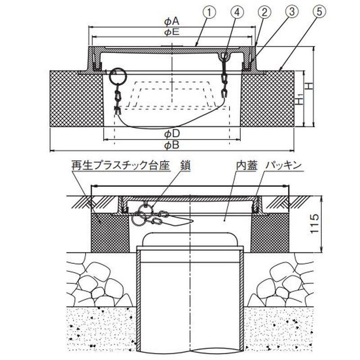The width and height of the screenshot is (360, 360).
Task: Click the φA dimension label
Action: pyautogui.click(x=172, y=21)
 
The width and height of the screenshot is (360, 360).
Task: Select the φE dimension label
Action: pyautogui.click(x=172, y=32)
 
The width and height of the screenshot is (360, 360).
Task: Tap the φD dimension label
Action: pyautogui.click(x=172, y=134)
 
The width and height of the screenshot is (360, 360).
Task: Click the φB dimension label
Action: pyautogui.click(x=172, y=145)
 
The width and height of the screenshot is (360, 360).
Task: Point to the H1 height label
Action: pyautogui.click(x=300, y=100)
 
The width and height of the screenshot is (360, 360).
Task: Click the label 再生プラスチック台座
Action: pyautogui.click(x=120, y=166)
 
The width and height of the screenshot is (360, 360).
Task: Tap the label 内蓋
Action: pyautogui.click(x=246, y=166)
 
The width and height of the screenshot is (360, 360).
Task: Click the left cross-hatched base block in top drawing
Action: pyautogui.click(x=76, y=99)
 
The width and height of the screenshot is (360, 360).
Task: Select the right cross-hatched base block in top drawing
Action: pyautogui.click(x=269, y=99)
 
